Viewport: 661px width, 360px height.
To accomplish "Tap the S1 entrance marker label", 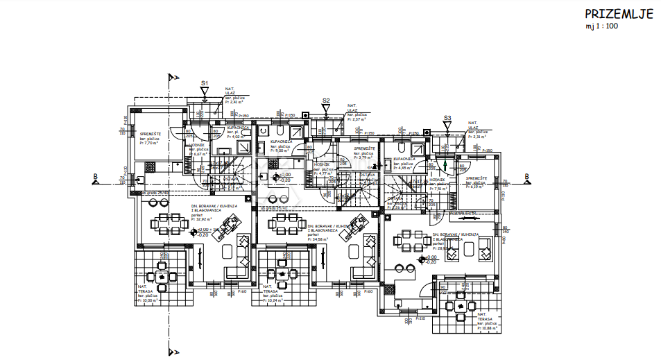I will (x=205, y=83).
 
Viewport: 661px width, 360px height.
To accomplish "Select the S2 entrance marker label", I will (x=326, y=101).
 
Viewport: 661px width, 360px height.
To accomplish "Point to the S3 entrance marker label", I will (x=447, y=118).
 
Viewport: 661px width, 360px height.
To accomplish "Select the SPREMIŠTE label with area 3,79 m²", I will (x=365, y=148).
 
